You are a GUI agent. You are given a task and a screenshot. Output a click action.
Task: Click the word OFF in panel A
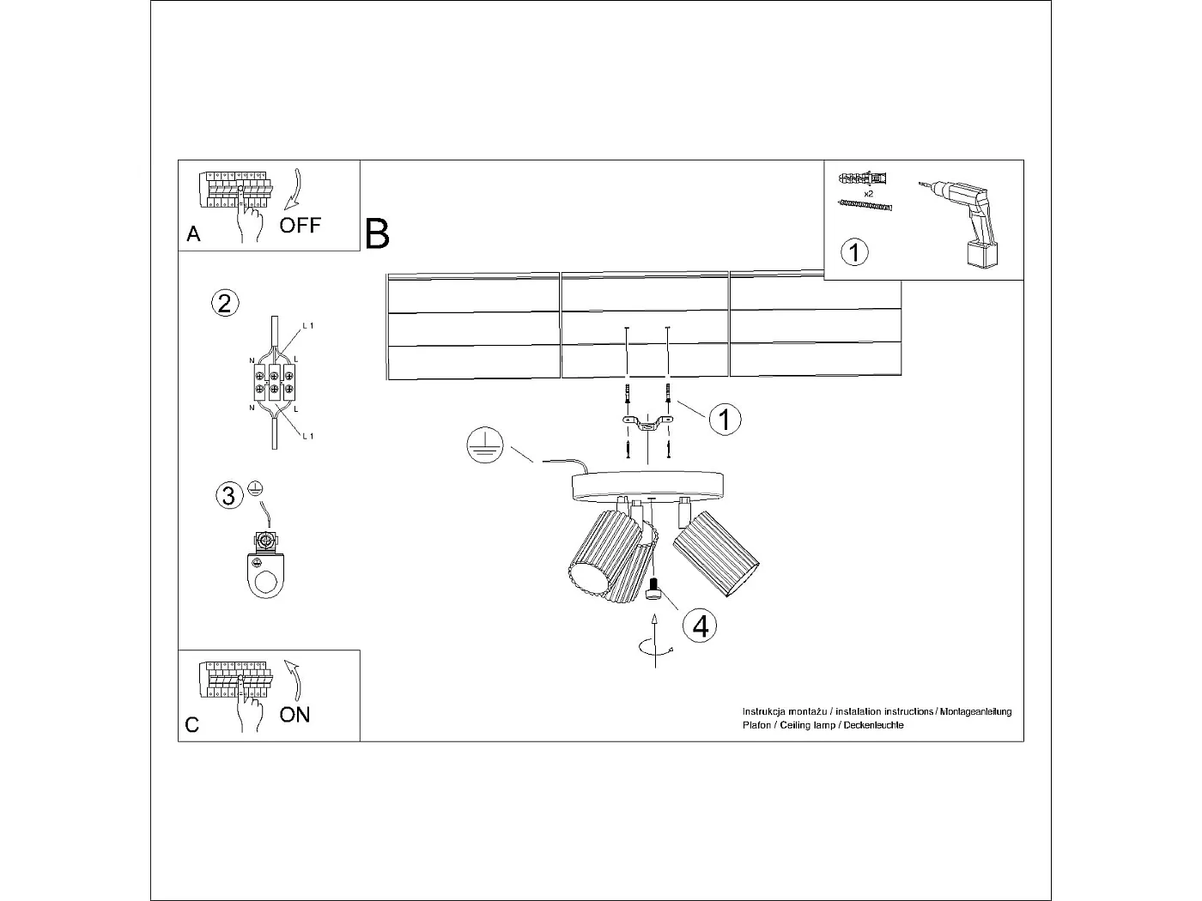tap(300, 226)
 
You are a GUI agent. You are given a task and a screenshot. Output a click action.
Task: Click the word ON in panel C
tap(294, 715)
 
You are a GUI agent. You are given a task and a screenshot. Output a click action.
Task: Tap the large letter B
tap(377, 233)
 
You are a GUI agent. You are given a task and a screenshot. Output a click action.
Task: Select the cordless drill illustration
tap(966, 221)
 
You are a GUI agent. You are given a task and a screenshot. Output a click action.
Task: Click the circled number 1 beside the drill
tap(853, 252)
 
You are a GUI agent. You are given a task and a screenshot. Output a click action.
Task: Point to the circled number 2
tap(224, 303)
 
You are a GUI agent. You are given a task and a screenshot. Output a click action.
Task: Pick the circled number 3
tap(228, 496)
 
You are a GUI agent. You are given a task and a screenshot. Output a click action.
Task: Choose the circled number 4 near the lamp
tap(700, 626)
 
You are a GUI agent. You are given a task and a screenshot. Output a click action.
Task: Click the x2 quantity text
tap(869, 194)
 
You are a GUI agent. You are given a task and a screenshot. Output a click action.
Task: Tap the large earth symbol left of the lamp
tap(483, 445)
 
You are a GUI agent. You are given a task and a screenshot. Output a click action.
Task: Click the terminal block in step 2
tap(273, 382)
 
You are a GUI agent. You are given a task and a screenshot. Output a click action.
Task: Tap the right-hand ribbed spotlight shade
tap(716, 553)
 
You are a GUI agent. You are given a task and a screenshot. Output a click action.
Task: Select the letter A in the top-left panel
tap(193, 234)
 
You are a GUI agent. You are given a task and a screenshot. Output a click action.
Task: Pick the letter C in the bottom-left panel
tap(192, 725)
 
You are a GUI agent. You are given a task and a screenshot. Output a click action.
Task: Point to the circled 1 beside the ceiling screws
tap(725, 420)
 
